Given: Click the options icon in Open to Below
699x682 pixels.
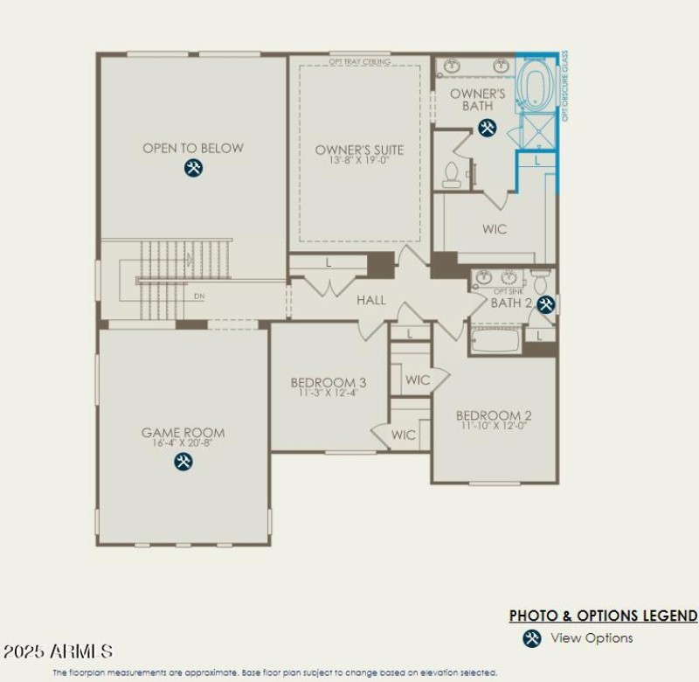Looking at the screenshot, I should (193, 169).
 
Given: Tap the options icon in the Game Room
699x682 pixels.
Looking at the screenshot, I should (183, 461).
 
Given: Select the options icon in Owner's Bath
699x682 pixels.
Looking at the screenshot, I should (487, 129).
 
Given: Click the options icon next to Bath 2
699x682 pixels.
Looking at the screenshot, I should (546, 304).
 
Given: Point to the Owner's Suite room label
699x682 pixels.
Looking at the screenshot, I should (359, 150).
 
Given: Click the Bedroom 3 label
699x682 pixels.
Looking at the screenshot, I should (329, 382).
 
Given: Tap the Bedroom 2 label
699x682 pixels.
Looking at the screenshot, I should (494, 415).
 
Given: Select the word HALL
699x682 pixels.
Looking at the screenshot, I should (371, 300).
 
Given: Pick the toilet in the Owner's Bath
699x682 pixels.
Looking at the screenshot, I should (452, 176).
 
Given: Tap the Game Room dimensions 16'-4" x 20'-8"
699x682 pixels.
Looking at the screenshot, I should (183, 443).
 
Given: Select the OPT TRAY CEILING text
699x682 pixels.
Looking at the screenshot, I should (359, 62).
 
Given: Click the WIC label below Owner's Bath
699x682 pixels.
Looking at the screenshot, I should (495, 229).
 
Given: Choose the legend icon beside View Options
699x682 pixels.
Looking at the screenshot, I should (531, 638).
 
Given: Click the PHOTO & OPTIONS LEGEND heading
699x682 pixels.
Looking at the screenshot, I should (603, 616).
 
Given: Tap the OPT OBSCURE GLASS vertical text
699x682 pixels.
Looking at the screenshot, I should (564, 85).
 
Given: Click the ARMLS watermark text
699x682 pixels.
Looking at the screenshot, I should (58, 651).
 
